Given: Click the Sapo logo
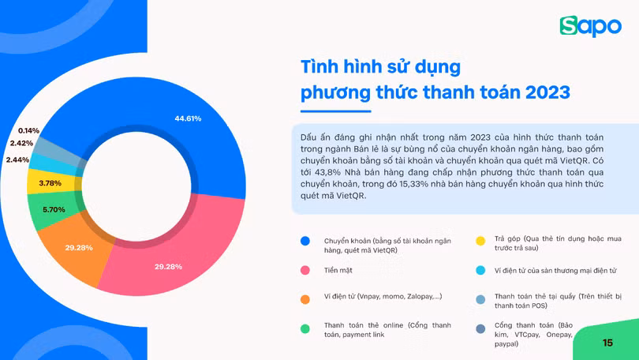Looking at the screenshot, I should [x=590, y=26].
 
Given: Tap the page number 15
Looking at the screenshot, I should [x=607, y=343].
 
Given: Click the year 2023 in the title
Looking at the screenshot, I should [x=542, y=92].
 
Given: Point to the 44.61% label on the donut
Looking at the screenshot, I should [x=188, y=118].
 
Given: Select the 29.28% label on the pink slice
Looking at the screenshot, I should [x=168, y=267].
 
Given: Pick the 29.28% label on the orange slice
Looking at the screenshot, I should [x=79, y=248].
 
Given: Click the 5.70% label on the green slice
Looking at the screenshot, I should [x=54, y=210].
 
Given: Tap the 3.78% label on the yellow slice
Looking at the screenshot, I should [x=50, y=183].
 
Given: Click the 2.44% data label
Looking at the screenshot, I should [x=17, y=160].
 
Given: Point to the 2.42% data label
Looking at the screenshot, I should [x=21, y=144].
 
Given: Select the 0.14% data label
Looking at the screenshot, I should [x=28, y=130].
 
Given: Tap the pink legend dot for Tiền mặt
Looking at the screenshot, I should [x=305, y=271].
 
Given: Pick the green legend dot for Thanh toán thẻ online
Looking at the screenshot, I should [x=305, y=328].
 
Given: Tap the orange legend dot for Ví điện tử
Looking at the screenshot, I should [x=305, y=299].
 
